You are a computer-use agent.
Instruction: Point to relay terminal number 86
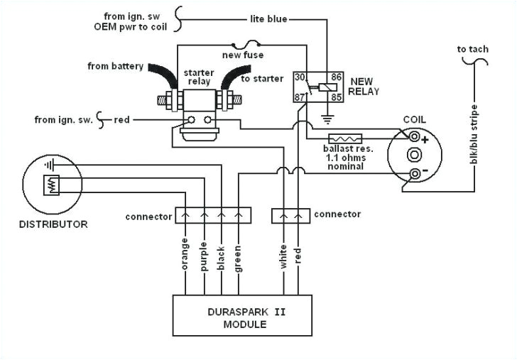coord(337,77)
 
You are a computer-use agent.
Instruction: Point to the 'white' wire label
coord(283,256)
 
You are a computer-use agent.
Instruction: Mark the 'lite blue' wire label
coord(268,19)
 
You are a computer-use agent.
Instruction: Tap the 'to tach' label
coord(472,50)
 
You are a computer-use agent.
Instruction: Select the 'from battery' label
coord(115,67)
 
